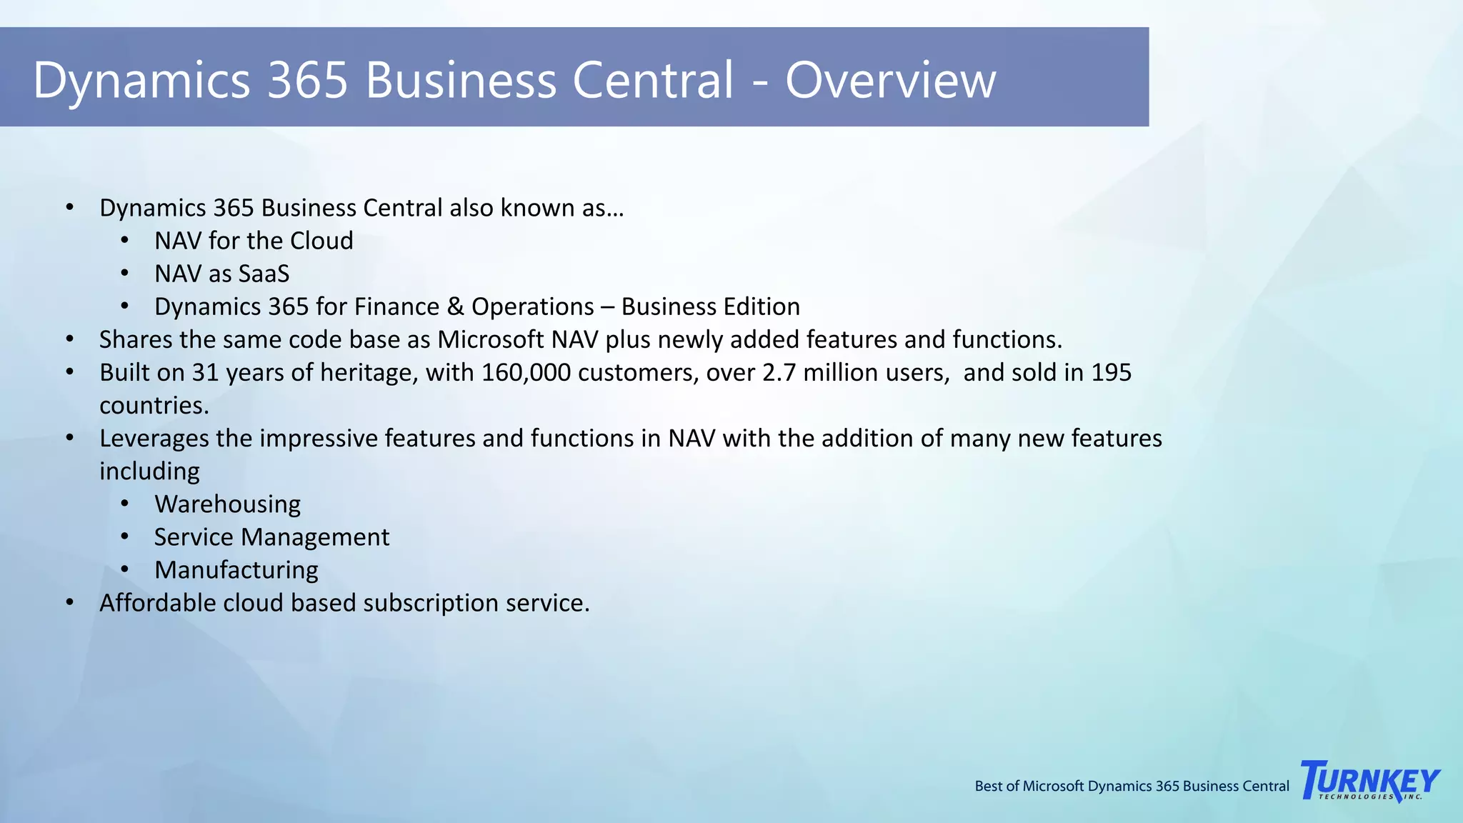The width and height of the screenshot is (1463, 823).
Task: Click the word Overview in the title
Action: (x=890, y=80)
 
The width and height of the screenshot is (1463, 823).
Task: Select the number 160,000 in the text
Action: (x=526, y=373)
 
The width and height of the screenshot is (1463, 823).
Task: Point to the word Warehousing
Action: (x=227, y=504)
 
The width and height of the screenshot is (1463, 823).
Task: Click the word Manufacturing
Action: (x=236, y=570)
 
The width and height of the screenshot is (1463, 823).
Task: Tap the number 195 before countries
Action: (x=1111, y=373)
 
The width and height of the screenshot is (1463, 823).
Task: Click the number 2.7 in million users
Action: (x=779, y=373)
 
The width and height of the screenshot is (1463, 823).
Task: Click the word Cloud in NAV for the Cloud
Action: (x=321, y=241)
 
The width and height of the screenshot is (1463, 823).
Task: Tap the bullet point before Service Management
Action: (x=125, y=537)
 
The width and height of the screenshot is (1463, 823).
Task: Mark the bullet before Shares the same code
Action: (x=69, y=339)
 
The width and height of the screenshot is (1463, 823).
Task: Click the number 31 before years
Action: (x=205, y=373)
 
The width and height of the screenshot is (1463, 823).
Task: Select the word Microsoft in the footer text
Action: (x=1053, y=787)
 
